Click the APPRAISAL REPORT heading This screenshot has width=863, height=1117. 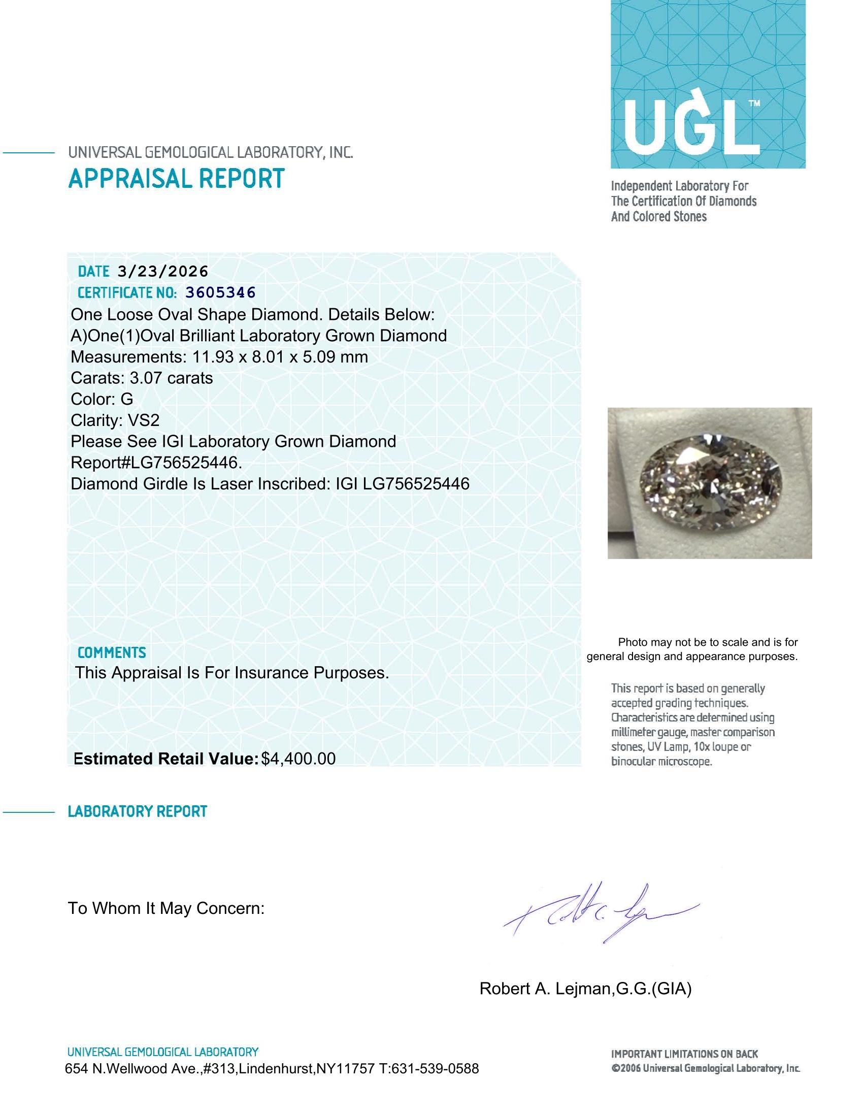[x=176, y=179]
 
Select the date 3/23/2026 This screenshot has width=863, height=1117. [x=162, y=271]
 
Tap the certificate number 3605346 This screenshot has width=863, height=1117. [x=220, y=292]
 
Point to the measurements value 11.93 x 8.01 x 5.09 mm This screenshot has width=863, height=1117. [x=280, y=356]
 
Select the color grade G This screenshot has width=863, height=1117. [x=126, y=399]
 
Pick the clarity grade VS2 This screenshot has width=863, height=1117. [x=143, y=420]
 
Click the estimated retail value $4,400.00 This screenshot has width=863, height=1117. [x=298, y=759]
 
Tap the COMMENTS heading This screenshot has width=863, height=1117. [x=112, y=652]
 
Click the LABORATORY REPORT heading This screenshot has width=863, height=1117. [x=137, y=811]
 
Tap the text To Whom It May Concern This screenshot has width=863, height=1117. [x=166, y=908]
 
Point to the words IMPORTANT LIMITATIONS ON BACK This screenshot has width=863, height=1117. [x=684, y=1054]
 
